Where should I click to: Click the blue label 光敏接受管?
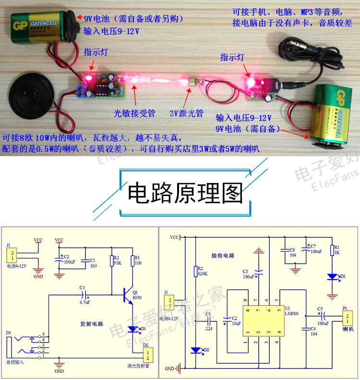point(134,113)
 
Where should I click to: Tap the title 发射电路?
point(91,324)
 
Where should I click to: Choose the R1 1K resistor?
point(332,250)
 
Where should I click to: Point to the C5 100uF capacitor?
point(320,316)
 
